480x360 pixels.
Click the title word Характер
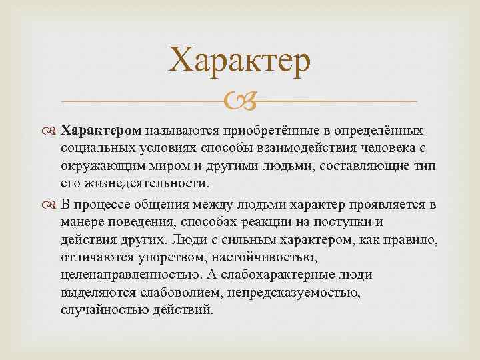239,61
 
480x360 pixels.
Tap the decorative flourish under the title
239,101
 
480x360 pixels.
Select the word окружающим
95,167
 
